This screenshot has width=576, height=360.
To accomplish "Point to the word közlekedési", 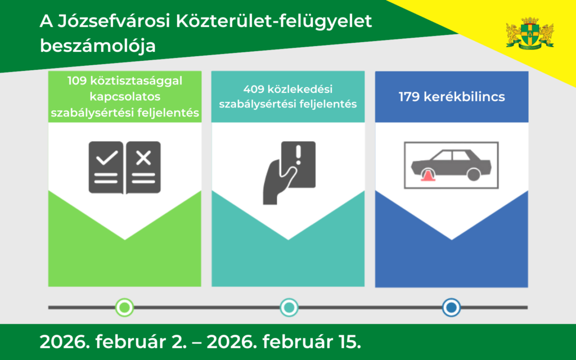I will point(301,89).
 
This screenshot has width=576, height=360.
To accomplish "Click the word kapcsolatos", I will point(125,96).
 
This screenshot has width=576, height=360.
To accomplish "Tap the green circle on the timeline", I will point(124,307).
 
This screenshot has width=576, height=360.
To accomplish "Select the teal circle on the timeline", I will point(289,307).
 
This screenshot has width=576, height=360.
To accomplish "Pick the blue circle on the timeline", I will point(451,307).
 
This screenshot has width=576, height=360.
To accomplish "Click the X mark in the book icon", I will point(143,158).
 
